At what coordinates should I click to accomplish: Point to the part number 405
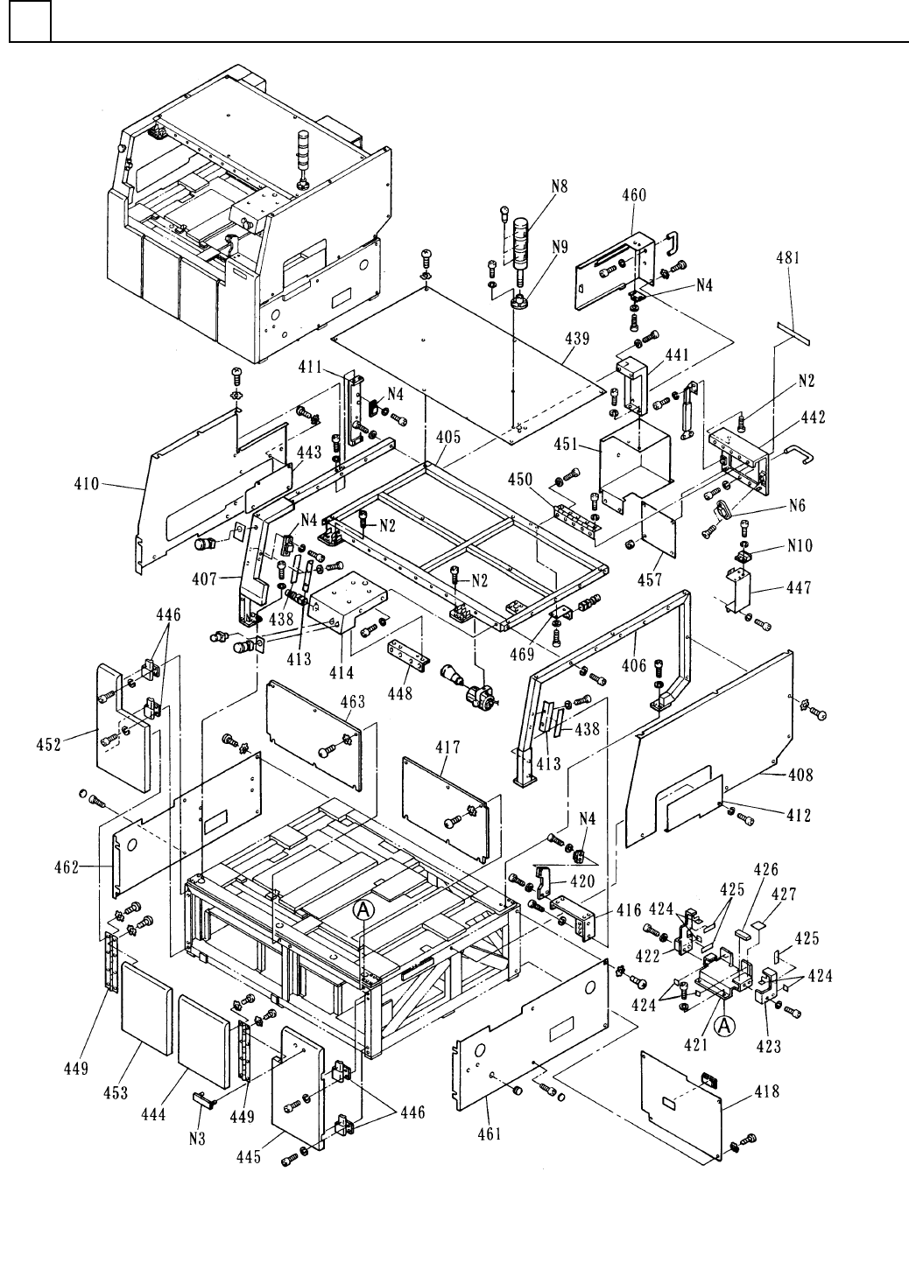[x=448, y=437]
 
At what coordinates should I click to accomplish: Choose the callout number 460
[x=633, y=195]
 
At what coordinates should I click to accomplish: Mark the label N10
[x=800, y=546]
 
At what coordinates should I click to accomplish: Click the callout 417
[x=448, y=747]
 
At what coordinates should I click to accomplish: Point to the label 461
[x=490, y=1134]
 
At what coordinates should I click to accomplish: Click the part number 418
[x=766, y=1092]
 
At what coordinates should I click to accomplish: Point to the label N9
[x=560, y=248]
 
